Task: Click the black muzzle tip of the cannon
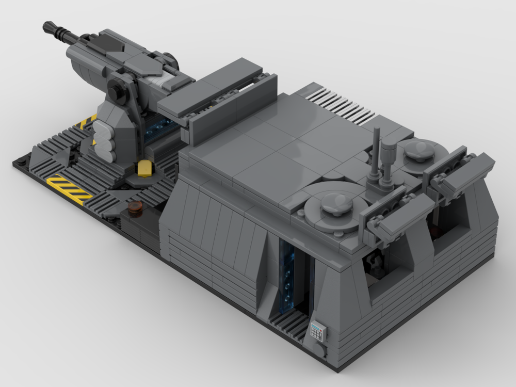(51, 27)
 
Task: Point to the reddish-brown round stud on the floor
(136, 208)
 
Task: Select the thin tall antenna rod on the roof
(376, 150)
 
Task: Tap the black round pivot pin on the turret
(116, 93)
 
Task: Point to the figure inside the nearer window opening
(375, 263)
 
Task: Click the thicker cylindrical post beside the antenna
(389, 160)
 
